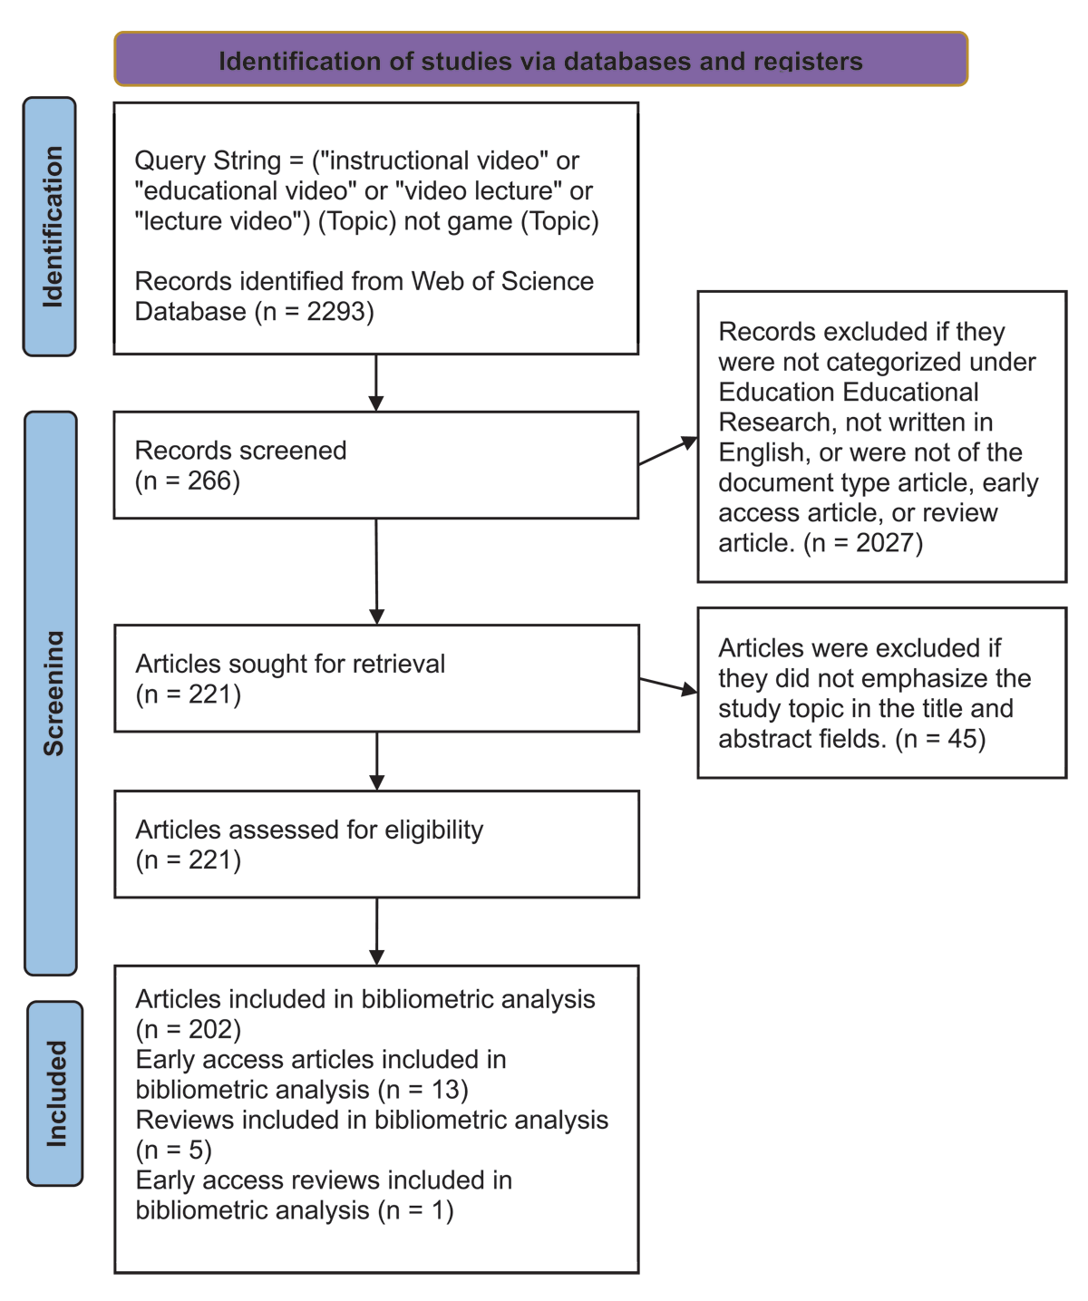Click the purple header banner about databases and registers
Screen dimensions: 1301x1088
click(540, 60)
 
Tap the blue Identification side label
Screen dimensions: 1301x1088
click(50, 227)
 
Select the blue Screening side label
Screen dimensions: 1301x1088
click(51, 694)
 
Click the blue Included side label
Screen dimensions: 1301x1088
click(55, 1093)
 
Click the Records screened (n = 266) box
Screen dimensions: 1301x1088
click(375, 465)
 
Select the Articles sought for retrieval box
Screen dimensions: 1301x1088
click(375, 678)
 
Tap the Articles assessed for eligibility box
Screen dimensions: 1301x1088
click(375, 844)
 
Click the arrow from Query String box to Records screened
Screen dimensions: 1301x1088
click(376, 383)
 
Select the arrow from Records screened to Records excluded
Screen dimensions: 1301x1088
click(668, 451)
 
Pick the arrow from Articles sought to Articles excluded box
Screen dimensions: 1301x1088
click(668, 685)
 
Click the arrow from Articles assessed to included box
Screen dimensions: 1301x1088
click(376, 931)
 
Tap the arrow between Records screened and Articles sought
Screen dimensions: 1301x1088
click(376, 571)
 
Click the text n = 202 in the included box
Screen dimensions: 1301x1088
click(189, 1030)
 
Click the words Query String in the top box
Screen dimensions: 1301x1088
click(208, 161)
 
